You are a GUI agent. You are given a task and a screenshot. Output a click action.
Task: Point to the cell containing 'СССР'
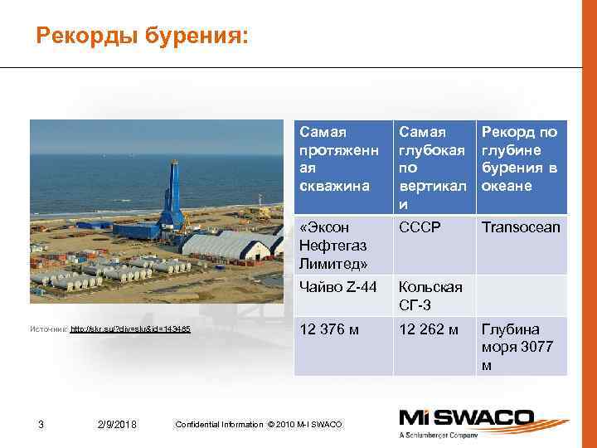[x=419, y=227]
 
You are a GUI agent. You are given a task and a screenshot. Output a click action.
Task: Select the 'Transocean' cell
[x=521, y=227]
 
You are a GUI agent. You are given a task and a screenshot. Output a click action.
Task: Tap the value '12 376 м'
[x=330, y=329]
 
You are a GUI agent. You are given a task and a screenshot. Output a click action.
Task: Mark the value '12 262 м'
[x=429, y=329]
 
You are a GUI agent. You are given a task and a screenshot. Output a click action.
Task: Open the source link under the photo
[x=130, y=329]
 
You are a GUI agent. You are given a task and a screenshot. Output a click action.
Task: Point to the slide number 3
[x=41, y=425]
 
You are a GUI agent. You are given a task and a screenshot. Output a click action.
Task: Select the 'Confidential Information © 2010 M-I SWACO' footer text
[x=259, y=425]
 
